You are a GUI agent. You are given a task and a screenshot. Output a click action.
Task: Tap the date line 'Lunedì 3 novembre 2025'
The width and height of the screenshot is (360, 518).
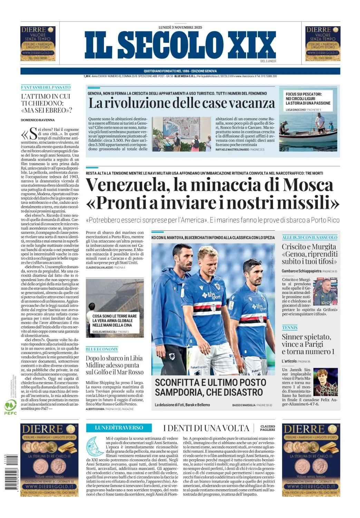pos(180,27)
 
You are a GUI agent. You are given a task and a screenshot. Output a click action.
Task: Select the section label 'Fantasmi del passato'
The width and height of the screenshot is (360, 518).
pos(46,87)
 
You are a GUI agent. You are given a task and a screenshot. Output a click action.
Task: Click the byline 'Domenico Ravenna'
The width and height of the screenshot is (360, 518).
pos(38,120)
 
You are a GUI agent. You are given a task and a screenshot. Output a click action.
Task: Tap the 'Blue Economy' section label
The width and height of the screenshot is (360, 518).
pos(102,349)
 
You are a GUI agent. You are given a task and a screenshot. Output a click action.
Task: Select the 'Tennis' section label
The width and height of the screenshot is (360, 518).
pos(290,327)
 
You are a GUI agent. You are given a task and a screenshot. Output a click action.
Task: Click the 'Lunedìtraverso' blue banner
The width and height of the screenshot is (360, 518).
pos(119,428)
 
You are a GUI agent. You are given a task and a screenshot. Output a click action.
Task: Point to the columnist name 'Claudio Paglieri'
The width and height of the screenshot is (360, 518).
pos(267,428)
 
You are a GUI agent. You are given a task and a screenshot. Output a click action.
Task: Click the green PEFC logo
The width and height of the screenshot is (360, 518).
pos(10,407)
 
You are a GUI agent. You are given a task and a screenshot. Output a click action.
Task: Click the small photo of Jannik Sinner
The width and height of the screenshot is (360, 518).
pos(325,382)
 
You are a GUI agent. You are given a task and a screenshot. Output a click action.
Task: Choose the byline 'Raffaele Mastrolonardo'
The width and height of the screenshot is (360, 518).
pos(232,150)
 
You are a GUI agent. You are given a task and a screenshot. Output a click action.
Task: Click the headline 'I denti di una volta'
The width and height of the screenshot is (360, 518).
pos(206,428)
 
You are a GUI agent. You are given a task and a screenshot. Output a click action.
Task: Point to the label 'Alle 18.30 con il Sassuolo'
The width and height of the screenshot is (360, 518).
pos(309,238)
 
